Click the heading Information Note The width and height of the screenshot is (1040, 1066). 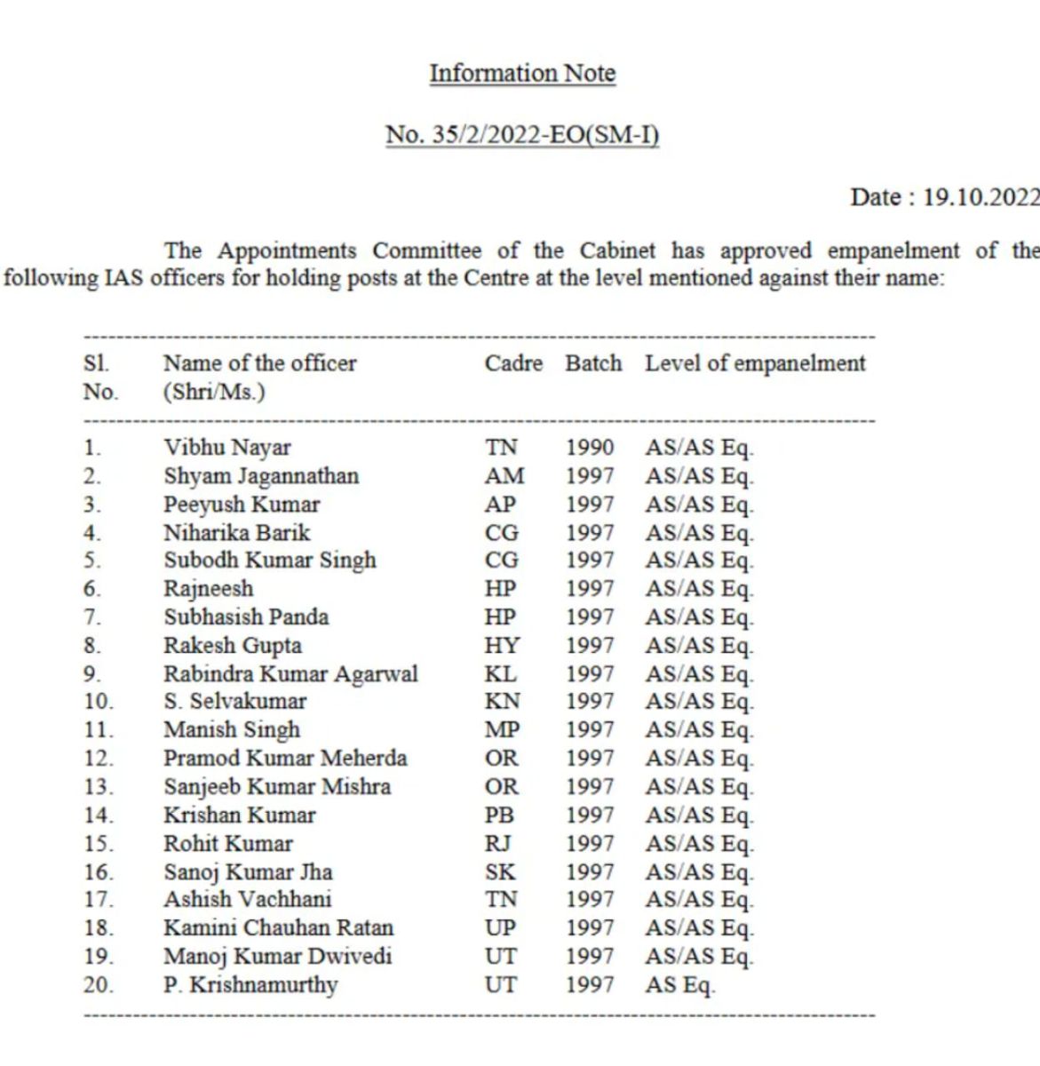(522, 73)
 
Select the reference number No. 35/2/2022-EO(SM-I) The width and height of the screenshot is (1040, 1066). (522, 135)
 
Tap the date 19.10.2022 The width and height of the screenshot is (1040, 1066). (980, 196)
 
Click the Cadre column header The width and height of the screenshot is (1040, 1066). (513, 363)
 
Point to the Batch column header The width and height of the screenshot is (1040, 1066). (593, 363)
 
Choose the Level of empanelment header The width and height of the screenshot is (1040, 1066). (755, 363)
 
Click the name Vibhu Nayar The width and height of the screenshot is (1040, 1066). (227, 448)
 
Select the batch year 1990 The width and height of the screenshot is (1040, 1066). (590, 448)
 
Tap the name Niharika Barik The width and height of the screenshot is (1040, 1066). (237, 533)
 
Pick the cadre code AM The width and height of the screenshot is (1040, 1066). (504, 476)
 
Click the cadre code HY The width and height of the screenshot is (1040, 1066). (503, 646)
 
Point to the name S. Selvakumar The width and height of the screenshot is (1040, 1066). (234, 702)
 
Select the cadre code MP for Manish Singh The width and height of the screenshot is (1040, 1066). (503, 730)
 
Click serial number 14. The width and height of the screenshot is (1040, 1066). (99, 815)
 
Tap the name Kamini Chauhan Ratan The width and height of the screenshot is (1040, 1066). (278, 928)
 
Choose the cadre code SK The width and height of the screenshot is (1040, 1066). (500, 872)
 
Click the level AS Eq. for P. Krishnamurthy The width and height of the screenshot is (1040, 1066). (680, 985)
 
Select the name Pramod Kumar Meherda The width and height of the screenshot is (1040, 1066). (285, 759)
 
